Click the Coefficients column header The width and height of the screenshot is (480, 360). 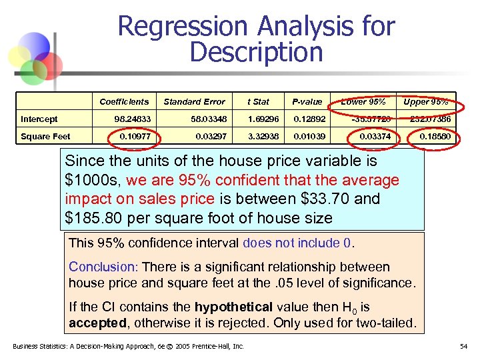[124, 102]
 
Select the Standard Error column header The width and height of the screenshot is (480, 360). [195, 102]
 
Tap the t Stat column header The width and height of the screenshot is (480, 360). [258, 102]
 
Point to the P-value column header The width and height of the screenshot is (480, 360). [307, 102]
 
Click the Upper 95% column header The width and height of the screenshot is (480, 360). [426, 102]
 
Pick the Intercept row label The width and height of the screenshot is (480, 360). [39, 119]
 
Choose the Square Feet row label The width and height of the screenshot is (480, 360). [45, 137]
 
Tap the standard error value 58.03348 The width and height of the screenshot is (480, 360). [207, 119]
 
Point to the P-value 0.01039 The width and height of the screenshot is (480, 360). [310, 137]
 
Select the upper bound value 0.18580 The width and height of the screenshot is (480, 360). [435, 137]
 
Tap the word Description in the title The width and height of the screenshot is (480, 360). [256, 52]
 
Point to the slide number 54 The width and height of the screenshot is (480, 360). [464, 347]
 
